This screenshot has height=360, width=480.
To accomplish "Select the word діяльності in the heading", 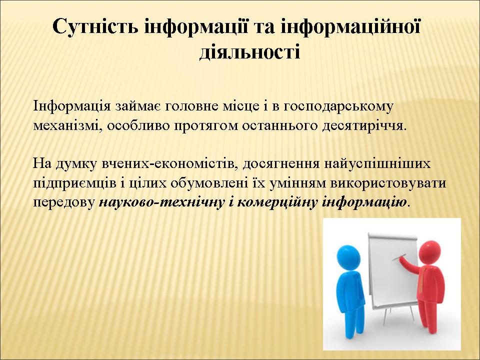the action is point(250,51).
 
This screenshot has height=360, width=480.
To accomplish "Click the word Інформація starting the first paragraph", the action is point(72,106).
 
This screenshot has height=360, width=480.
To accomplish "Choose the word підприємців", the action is point(74,183).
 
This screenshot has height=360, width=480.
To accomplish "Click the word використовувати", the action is point(388,183).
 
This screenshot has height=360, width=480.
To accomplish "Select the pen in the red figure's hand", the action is point(399,257).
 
